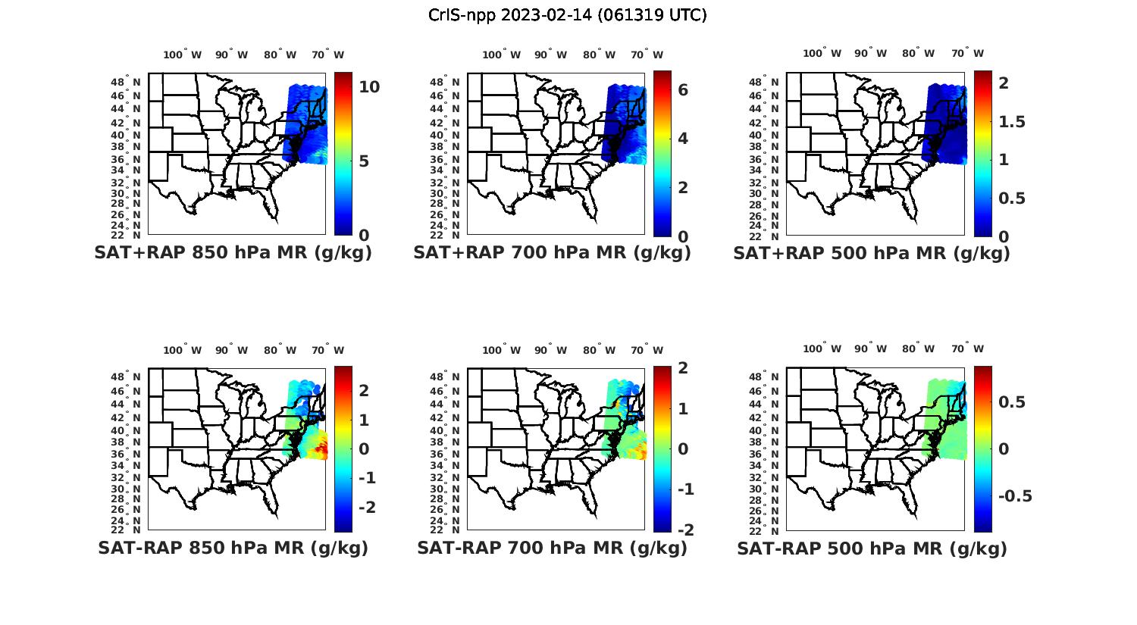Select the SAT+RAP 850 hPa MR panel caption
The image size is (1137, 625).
(233, 253)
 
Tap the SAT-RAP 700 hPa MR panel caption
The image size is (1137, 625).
(552, 548)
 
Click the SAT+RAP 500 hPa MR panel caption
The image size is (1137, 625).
(872, 253)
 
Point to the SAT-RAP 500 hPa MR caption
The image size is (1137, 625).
(872, 548)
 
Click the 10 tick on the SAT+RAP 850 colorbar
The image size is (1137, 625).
(369, 87)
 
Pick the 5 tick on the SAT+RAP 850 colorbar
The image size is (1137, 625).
(364, 161)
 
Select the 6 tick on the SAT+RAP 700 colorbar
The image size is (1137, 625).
(683, 89)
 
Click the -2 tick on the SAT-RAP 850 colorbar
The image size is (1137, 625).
(366, 507)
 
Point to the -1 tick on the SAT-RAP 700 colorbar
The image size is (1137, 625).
(684, 489)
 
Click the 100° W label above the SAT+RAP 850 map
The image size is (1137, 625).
(183, 55)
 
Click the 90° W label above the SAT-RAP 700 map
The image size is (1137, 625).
(550, 350)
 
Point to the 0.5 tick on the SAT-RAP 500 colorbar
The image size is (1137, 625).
(1012, 402)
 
